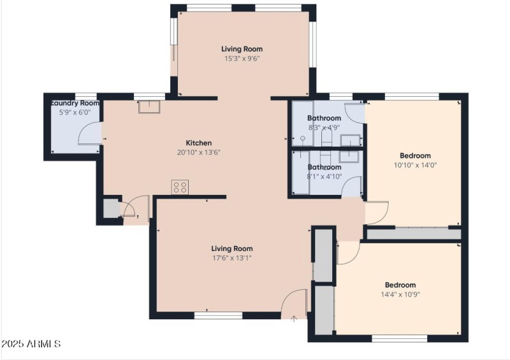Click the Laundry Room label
75,103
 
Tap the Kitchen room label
198,143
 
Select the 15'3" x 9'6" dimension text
242,59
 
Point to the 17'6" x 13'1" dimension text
232,258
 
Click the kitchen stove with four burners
180,187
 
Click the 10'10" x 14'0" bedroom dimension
415,165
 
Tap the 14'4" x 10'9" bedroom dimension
400,294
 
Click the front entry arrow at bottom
293,319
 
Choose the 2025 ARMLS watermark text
31,344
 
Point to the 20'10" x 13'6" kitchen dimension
198,153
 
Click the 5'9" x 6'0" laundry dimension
75,112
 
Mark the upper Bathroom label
324,119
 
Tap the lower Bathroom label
324,168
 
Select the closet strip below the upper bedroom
414,234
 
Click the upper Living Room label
242,49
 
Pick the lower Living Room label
232,248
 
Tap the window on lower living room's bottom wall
218,315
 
